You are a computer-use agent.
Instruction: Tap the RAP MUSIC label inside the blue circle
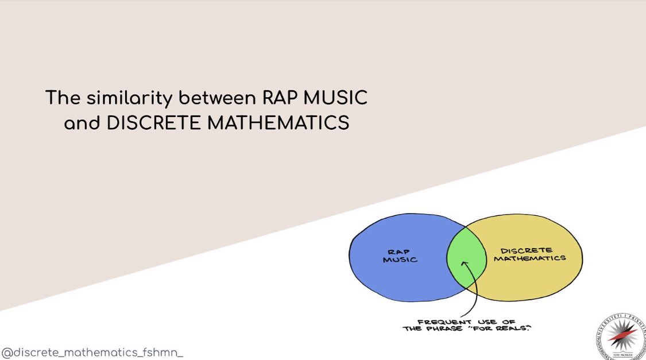[x=400, y=256]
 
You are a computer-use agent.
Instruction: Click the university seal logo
[x=619, y=336]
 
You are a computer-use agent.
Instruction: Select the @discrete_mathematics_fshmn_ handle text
[x=92, y=351]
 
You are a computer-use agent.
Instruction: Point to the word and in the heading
[x=82, y=122]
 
